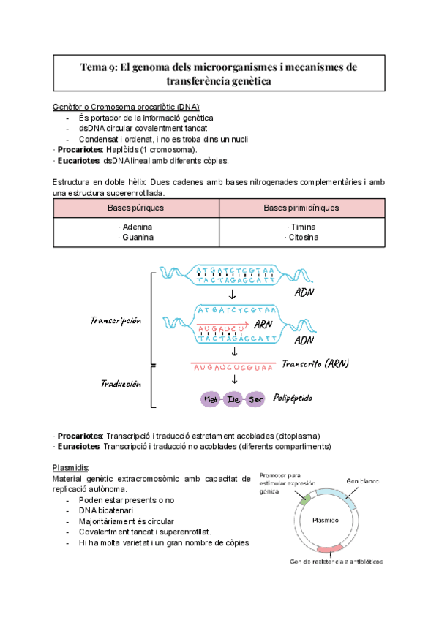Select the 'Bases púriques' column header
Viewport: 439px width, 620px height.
pyautogui.click(x=135, y=208)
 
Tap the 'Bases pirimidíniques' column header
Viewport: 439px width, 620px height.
pyautogui.click(x=301, y=208)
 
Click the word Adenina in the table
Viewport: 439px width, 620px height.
pyautogui.click(x=135, y=227)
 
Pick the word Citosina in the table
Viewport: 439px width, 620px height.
pyautogui.click(x=301, y=238)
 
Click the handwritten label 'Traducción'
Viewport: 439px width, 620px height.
pyautogui.click(x=121, y=383)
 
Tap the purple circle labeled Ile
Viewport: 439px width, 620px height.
pyautogui.click(x=233, y=400)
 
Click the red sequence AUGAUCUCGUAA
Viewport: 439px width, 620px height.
pyautogui.click(x=233, y=368)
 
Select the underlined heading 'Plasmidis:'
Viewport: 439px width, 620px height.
pyautogui.click(x=71, y=467)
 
